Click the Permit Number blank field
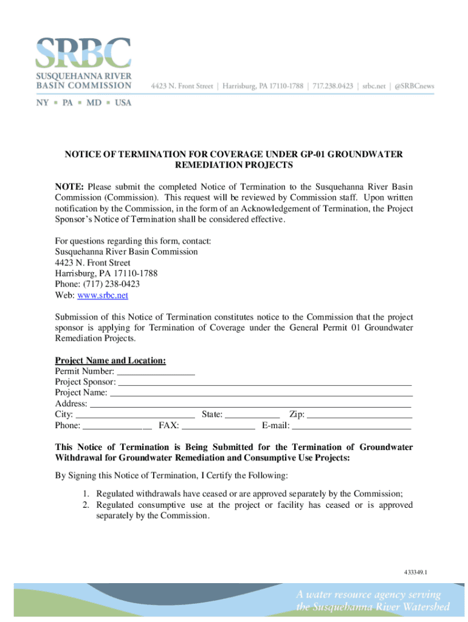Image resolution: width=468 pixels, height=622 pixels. [155, 371]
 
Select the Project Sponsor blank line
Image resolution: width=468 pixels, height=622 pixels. [264, 382]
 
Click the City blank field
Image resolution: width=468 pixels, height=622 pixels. [136, 415]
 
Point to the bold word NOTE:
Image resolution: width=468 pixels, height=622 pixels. [70, 186]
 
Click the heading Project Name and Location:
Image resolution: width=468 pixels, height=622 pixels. [110, 360]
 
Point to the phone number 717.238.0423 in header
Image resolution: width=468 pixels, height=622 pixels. [333, 86]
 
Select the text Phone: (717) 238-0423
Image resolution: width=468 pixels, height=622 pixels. [97, 284]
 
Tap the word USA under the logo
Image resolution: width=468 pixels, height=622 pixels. [123, 103]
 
